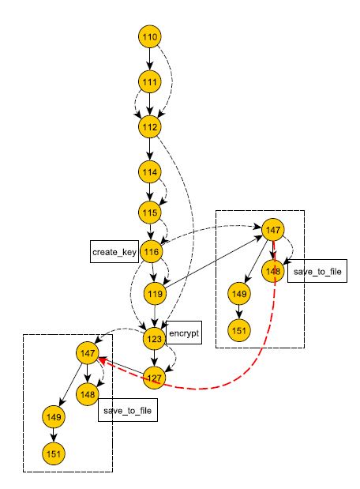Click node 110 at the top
150,37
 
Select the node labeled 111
150,81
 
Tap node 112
150,127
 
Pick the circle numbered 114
150,172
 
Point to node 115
150,213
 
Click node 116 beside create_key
152,252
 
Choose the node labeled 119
156,293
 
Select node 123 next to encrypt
154,339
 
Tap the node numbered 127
154,378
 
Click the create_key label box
114,252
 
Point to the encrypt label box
184,333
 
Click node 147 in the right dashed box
273,230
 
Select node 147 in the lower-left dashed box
88,353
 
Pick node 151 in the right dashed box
239,330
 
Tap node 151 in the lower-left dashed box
54,453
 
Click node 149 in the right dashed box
239,293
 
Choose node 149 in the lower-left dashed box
54,416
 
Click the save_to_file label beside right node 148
317,271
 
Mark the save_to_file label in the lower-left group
128,410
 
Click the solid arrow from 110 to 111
150,59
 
